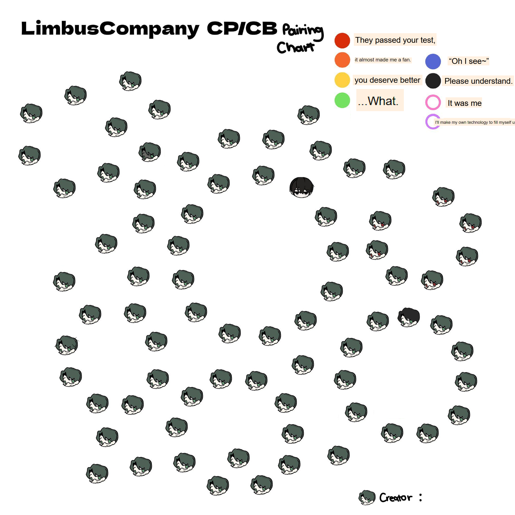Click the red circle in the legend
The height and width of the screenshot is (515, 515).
click(x=342, y=40)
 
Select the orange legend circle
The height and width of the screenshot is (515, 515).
click(x=342, y=60)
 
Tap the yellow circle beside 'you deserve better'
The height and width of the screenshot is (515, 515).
click(x=342, y=80)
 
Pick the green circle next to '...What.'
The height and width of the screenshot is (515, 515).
click(x=342, y=100)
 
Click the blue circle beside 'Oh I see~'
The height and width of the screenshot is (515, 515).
click(x=433, y=61)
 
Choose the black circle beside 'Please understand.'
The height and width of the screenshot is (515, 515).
click(x=433, y=81)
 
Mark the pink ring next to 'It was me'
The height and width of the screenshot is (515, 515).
click(x=433, y=102)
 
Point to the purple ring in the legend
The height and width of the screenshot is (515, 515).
click(x=432, y=122)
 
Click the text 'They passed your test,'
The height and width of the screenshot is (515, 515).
click(x=395, y=40)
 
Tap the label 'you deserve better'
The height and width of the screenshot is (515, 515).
click(x=387, y=80)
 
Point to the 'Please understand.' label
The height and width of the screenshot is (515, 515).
click(x=478, y=81)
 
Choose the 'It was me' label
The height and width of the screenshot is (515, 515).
click(x=464, y=103)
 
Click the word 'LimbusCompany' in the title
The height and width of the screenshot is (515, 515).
click(x=110, y=29)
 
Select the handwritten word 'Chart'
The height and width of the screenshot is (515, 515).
click(x=295, y=48)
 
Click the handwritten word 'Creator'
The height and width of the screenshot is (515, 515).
click(x=396, y=498)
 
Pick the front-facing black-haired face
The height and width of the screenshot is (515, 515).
click(x=302, y=187)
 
